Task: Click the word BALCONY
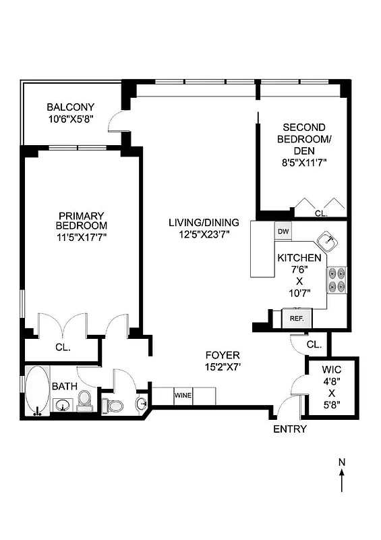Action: [x=70, y=107]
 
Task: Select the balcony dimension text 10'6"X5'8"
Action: [x=70, y=119]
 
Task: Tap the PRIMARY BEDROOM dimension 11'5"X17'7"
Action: [x=82, y=237]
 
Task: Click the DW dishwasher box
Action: [x=283, y=232]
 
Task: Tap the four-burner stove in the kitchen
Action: [x=336, y=280]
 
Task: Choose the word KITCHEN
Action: [x=299, y=258]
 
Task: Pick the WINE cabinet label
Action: [x=183, y=395]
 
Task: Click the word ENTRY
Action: [x=290, y=429]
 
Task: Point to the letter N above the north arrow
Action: [x=342, y=462]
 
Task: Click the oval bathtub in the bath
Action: [x=37, y=389]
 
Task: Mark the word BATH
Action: [x=65, y=386]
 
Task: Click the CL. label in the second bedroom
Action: [x=322, y=213]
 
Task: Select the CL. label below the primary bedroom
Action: [x=63, y=348]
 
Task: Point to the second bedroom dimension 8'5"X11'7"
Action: [x=304, y=162]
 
